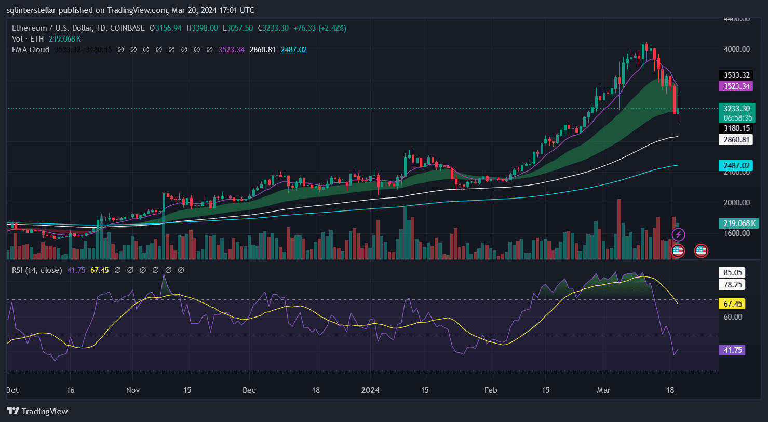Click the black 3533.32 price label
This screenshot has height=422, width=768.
pos(734,75)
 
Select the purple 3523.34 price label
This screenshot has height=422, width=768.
pos(734,86)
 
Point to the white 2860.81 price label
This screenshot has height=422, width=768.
pos(734,139)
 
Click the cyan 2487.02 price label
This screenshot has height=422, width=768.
pos(734,165)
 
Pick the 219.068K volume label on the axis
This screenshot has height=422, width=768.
pos(738,223)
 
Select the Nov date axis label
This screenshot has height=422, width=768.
pos(133,390)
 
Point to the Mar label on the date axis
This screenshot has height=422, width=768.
pos(603,390)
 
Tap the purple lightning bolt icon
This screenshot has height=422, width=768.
pos(678,235)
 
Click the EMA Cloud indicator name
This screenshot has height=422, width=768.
pos(30,50)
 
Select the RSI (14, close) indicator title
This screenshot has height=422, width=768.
pos(36,270)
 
